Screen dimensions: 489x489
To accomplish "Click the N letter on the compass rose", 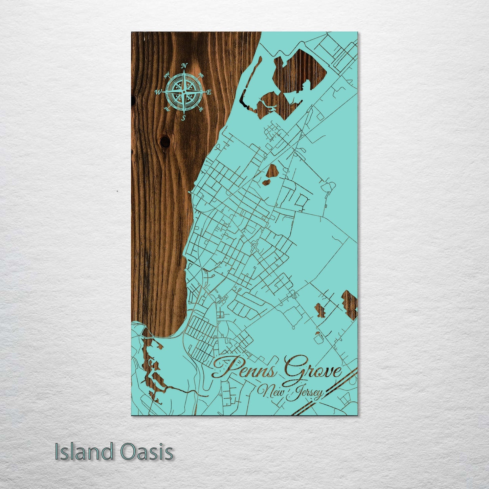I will [184, 66].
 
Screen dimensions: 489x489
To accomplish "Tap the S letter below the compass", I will [184, 118].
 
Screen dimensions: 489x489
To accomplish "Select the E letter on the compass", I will [209, 92].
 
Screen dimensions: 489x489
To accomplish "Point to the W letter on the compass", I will [158, 92].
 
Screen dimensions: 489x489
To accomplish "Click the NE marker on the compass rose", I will [201, 75].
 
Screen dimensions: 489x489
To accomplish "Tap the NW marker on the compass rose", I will [167, 76].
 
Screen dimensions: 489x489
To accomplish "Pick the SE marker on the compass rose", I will [201, 109].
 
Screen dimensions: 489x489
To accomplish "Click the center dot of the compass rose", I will [184, 92].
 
